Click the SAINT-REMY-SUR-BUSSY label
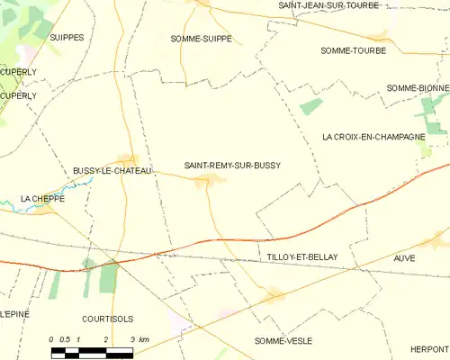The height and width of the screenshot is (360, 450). click(x=232, y=166)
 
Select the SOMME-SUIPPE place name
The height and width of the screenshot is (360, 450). click(x=201, y=39)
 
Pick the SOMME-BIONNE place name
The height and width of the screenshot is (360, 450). click(x=417, y=87)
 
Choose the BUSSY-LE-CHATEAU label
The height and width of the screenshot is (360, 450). click(x=112, y=170)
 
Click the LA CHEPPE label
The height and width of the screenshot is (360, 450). click(x=38, y=197)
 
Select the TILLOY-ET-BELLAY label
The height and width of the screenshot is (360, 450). click(x=302, y=257)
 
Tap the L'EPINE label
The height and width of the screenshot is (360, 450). click(x=14, y=313)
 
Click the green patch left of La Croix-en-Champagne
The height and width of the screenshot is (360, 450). click(x=310, y=106)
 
